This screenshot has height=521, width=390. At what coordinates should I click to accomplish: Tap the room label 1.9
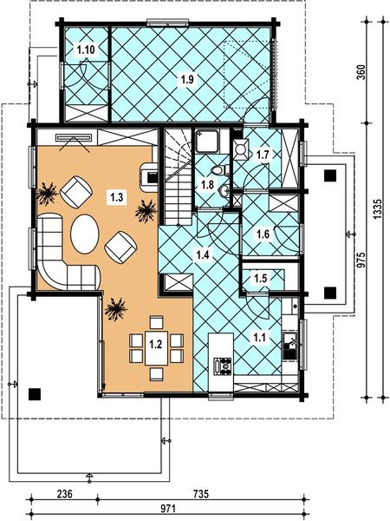click(186, 81)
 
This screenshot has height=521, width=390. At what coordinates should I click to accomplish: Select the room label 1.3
click(115, 198)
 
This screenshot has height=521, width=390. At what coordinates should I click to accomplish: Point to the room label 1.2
click(156, 344)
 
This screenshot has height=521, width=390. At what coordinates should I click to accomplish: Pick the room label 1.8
click(207, 184)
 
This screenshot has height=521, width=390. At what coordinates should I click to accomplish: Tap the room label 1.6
click(263, 233)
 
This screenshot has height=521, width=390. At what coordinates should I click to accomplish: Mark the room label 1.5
click(260, 278)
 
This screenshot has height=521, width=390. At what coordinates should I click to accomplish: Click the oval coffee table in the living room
click(84, 234)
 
